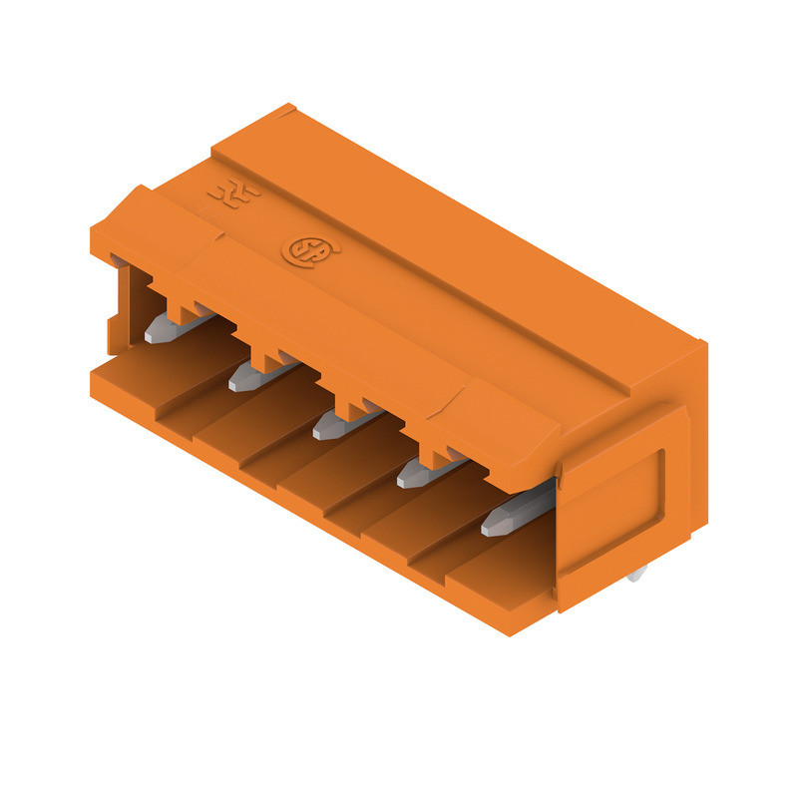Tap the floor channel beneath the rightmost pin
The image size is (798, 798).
(x=489, y=569)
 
